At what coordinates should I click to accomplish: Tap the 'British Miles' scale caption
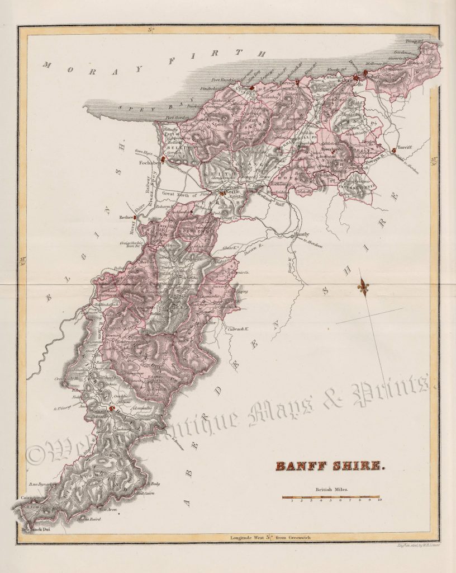[x=330, y=490]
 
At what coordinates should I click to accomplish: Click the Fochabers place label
[x=150, y=164]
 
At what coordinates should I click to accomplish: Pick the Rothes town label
[x=123, y=217]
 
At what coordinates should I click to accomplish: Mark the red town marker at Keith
[x=222, y=193]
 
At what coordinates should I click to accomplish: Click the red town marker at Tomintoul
[x=112, y=409]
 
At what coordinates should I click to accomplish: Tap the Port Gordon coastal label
[x=178, y=118]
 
